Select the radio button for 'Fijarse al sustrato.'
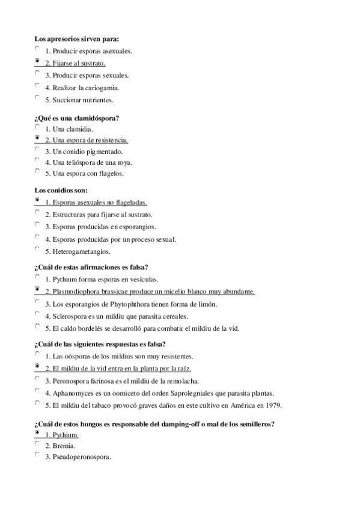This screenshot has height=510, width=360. (38, 61)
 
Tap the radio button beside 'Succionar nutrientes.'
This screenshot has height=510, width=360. (38, 97)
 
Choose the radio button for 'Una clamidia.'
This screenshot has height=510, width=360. (38, 127)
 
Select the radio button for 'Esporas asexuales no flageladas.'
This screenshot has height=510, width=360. (38, 200)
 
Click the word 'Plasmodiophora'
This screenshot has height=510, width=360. (76, 292)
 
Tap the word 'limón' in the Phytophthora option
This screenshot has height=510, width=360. (207, 304)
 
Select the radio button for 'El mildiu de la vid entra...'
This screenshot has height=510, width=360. (38, 366)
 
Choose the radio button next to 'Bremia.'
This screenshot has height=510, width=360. (38, 444)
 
